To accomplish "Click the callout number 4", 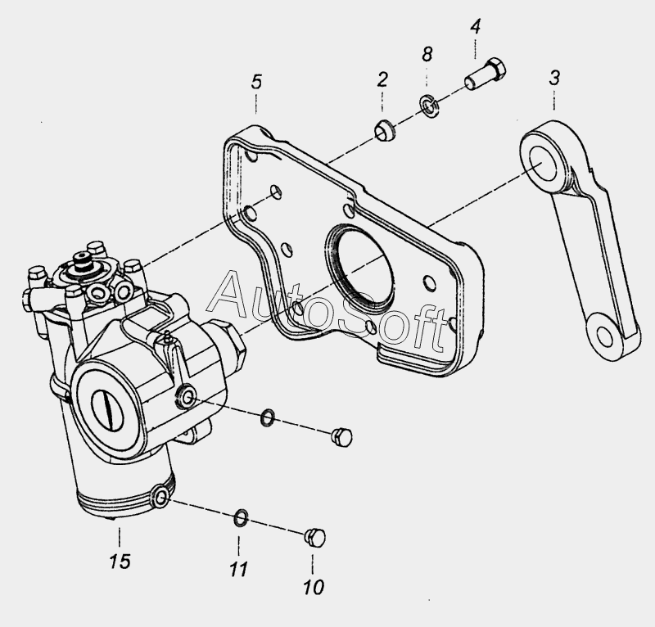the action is pos(476,26).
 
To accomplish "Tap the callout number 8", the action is pos(427,54).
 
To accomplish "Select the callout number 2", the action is pos(382,79).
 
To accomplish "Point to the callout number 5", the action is pos(256,82).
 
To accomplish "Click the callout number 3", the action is pos(554,78).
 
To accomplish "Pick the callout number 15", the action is pos(120,562).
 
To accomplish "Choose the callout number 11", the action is pos(239,569).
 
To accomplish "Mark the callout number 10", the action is pos(314,588).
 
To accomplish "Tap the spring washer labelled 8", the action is pos(428,106).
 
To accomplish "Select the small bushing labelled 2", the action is pos(385,130).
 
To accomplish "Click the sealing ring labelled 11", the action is pos(240,518).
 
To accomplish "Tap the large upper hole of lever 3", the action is pos(544,164).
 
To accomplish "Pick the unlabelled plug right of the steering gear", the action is pos(341,437).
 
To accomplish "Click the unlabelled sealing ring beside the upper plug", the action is pos(268,417).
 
